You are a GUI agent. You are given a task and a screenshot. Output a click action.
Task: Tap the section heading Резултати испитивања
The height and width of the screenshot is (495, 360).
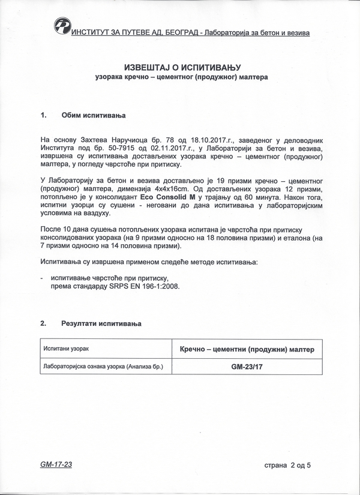(101, 323)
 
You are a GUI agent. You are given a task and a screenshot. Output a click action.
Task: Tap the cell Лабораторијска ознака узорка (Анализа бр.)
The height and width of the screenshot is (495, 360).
(103, 366)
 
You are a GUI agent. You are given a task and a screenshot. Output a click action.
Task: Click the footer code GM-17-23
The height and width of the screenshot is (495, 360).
(56, 464)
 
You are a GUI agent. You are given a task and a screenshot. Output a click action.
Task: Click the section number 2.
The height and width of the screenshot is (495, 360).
(43, 323)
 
